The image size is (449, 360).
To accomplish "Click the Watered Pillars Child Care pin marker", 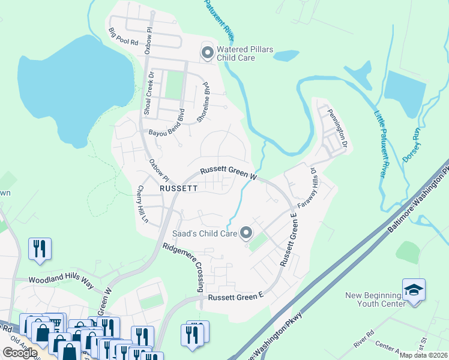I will click(208, 53).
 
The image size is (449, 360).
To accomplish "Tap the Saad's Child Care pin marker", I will click(246, 233).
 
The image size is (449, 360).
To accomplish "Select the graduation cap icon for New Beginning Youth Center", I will click(414, 290).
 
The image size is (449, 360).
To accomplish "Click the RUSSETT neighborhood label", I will click(178, 188).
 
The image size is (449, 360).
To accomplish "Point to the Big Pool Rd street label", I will click(124, 37).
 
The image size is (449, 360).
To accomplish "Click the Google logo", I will click(20, 353).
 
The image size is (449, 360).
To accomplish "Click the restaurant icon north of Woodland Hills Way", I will click(40, 248).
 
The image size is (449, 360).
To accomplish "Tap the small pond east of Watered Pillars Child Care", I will click(286, 56).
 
